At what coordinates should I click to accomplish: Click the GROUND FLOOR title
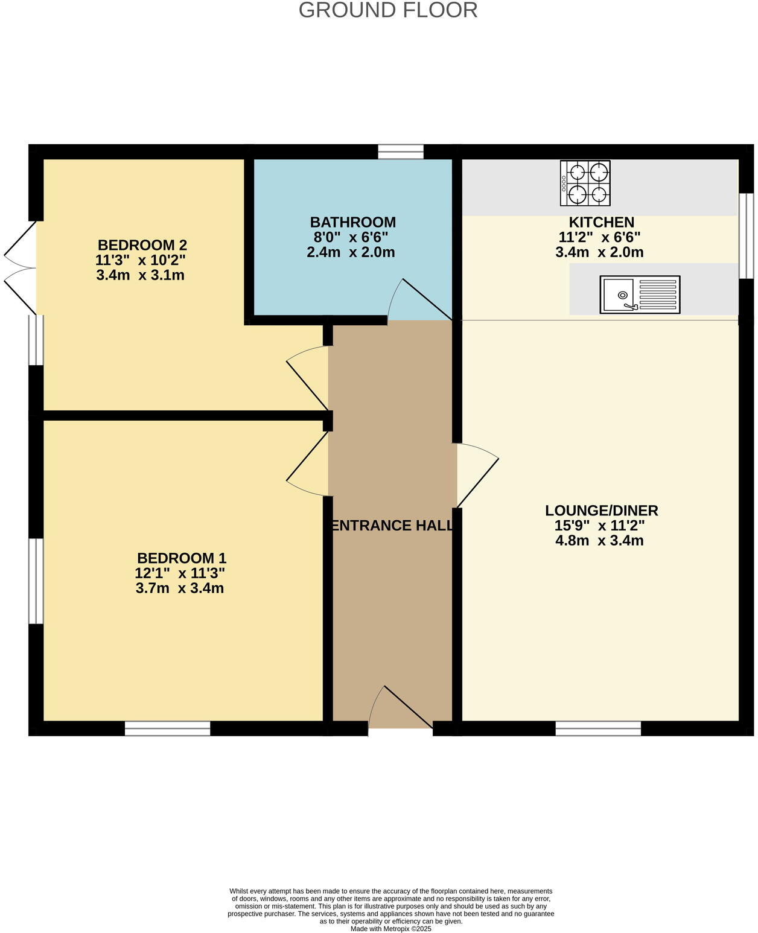click(388, 10)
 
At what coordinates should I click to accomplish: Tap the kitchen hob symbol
click(585, 183)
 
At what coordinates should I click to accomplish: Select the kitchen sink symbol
click(640, 295)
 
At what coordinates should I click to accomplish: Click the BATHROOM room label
click(353, 223)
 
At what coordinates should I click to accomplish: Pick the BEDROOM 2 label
click(142, 245)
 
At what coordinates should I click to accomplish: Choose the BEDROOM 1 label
click(182, 558)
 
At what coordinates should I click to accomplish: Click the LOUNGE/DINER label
click(601, 511)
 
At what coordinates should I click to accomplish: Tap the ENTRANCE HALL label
click(392, 526)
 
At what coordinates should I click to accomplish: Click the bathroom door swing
click(419, 301)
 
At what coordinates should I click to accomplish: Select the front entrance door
click(400, 710)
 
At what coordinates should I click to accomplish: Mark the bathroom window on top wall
click(401, 151)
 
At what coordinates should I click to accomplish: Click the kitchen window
click(747, 235)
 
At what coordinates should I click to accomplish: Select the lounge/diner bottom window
click(598, 728)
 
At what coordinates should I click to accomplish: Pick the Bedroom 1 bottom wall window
click(167, 728)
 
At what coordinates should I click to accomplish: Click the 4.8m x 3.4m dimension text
click(599, 541)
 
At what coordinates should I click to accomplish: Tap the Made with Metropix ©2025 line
click(391, 929)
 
